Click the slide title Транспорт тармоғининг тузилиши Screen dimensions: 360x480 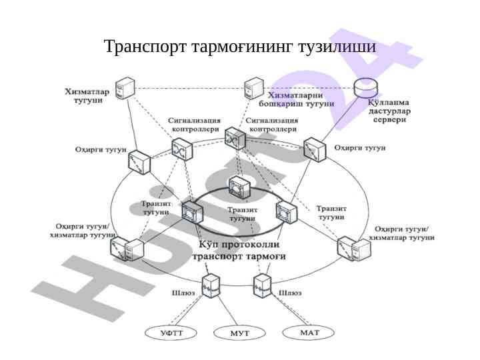pos(240,47)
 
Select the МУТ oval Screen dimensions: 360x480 pos(239,332)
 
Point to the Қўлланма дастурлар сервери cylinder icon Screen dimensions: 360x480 pos(366,88)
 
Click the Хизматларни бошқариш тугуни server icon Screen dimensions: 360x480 pos(254,89)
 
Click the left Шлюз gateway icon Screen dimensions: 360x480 pos(212,285)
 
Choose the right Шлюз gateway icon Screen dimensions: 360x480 pos(262,285)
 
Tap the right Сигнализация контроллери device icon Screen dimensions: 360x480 pos(234,138)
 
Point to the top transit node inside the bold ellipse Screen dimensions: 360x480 pos(239,187)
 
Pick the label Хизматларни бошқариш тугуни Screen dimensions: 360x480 pos(297,99)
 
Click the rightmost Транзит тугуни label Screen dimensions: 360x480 pos(331,212)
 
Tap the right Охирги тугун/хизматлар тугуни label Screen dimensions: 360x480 pos(401,233)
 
